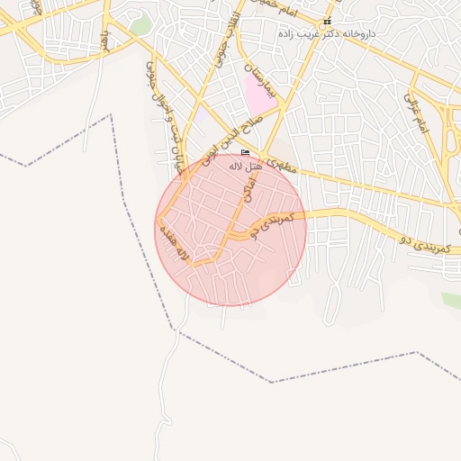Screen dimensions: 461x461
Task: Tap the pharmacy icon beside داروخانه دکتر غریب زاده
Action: tap(327, 21)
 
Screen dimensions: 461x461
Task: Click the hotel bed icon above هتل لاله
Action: tap(245, 153)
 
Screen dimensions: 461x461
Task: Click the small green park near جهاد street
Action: tap(140, 25)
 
